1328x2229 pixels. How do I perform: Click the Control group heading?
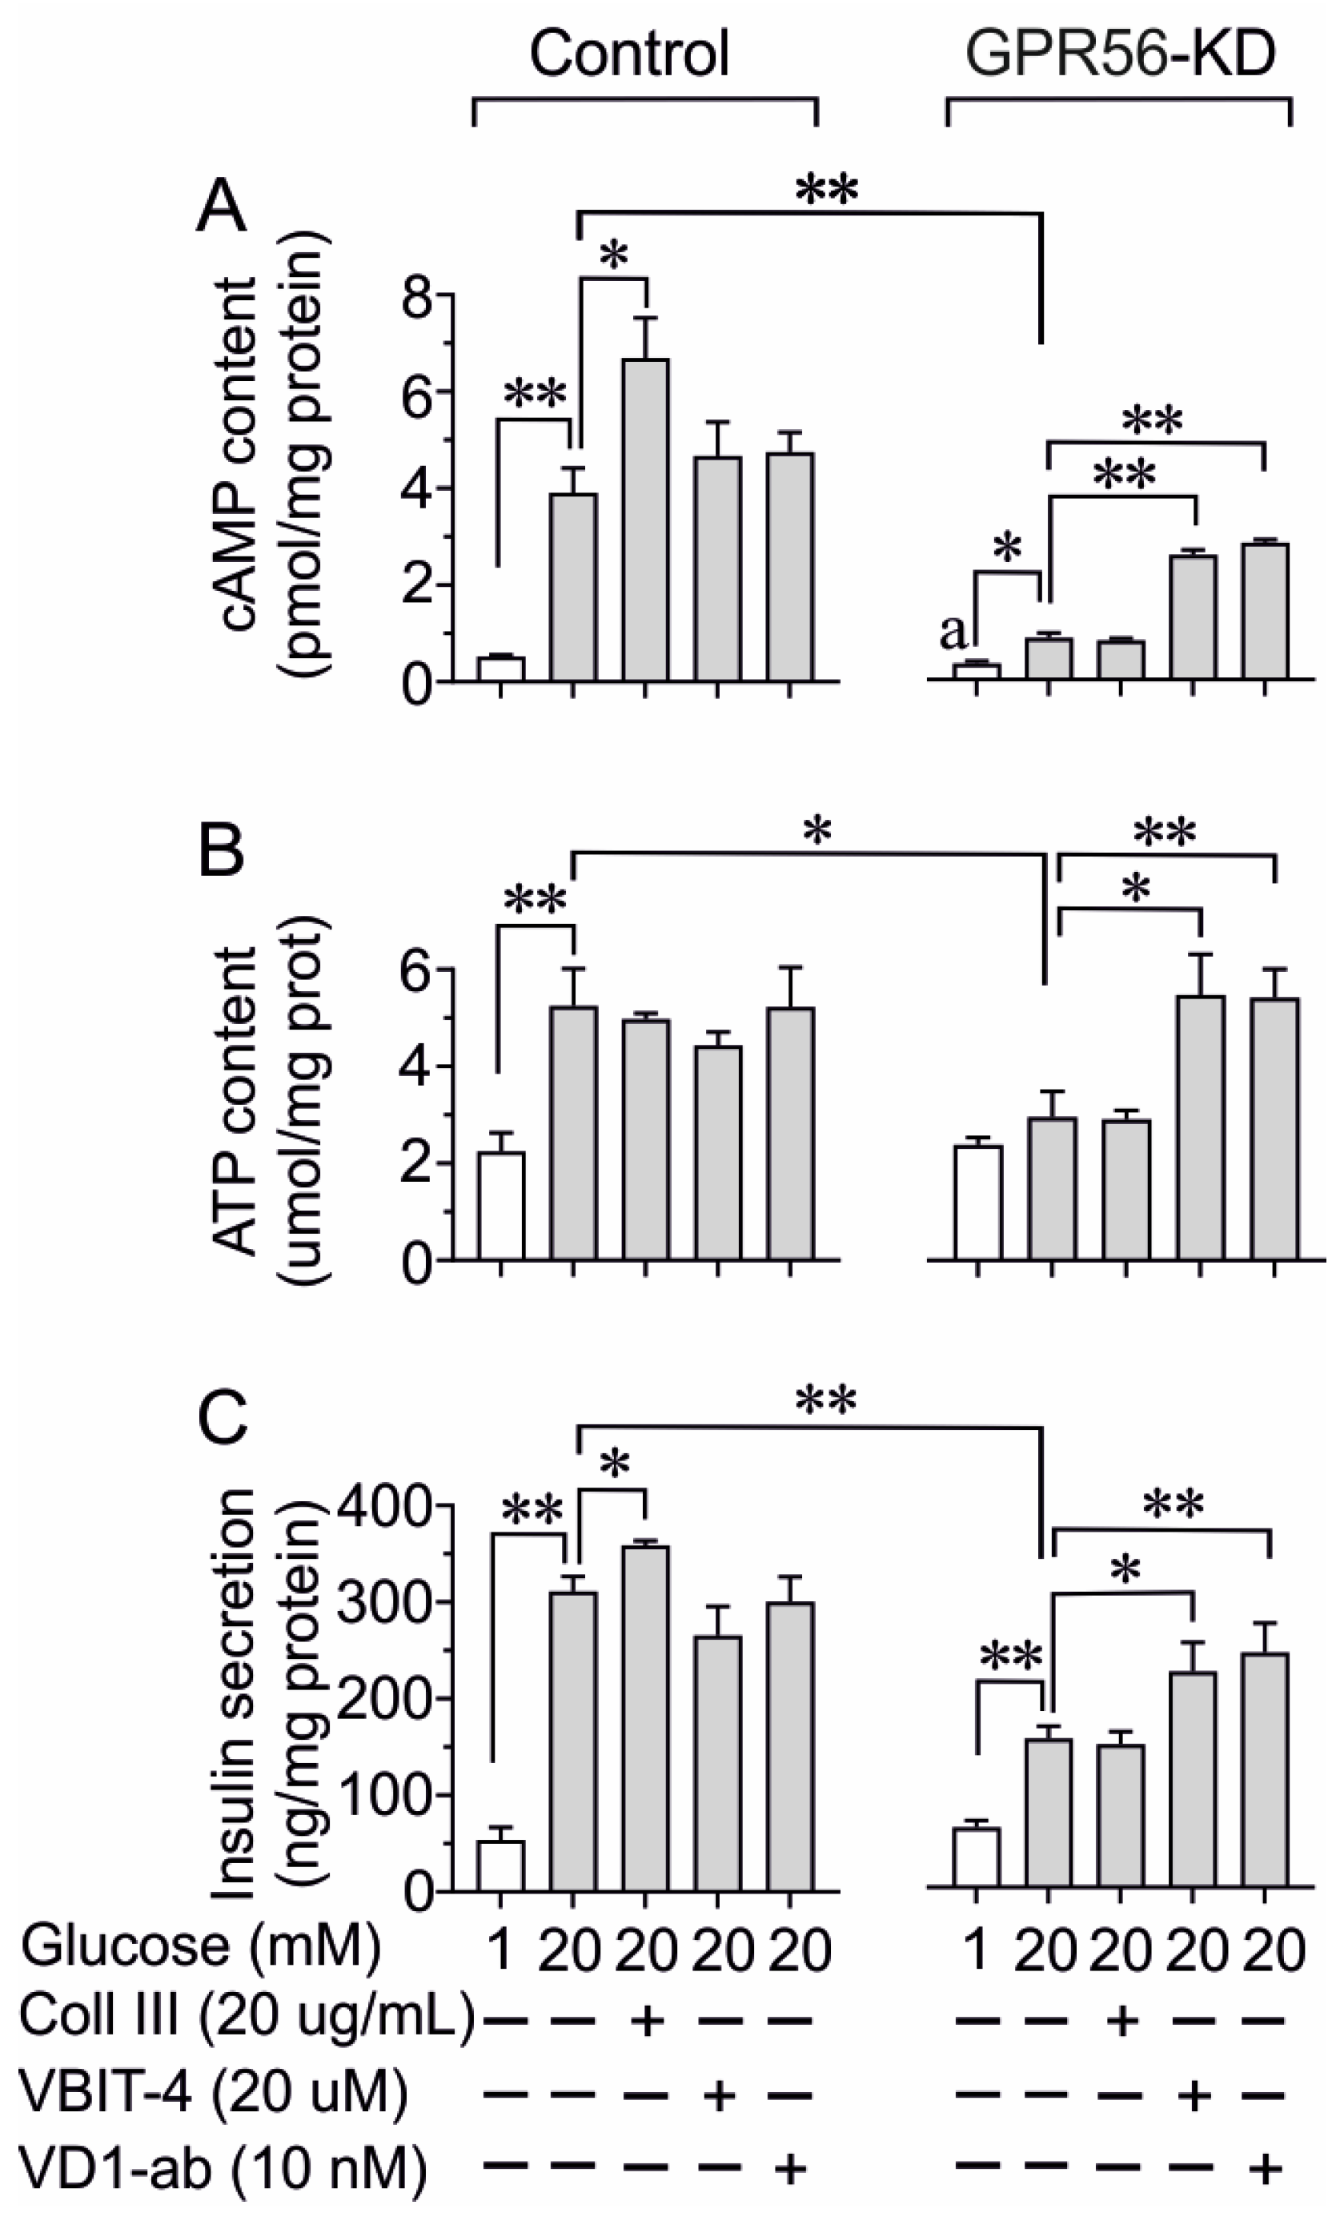click(629, 53)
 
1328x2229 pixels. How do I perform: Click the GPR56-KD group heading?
click(1120, 53)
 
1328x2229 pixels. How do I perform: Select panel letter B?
click(220, 851)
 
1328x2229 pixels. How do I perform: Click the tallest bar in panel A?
click(645, 519)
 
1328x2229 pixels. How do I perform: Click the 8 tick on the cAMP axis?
click(417, 295)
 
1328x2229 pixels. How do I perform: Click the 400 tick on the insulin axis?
click(394, 1506)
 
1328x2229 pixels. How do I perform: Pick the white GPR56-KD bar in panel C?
click(977, 1858)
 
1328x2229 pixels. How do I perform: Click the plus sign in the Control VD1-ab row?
click(790, 2167)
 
